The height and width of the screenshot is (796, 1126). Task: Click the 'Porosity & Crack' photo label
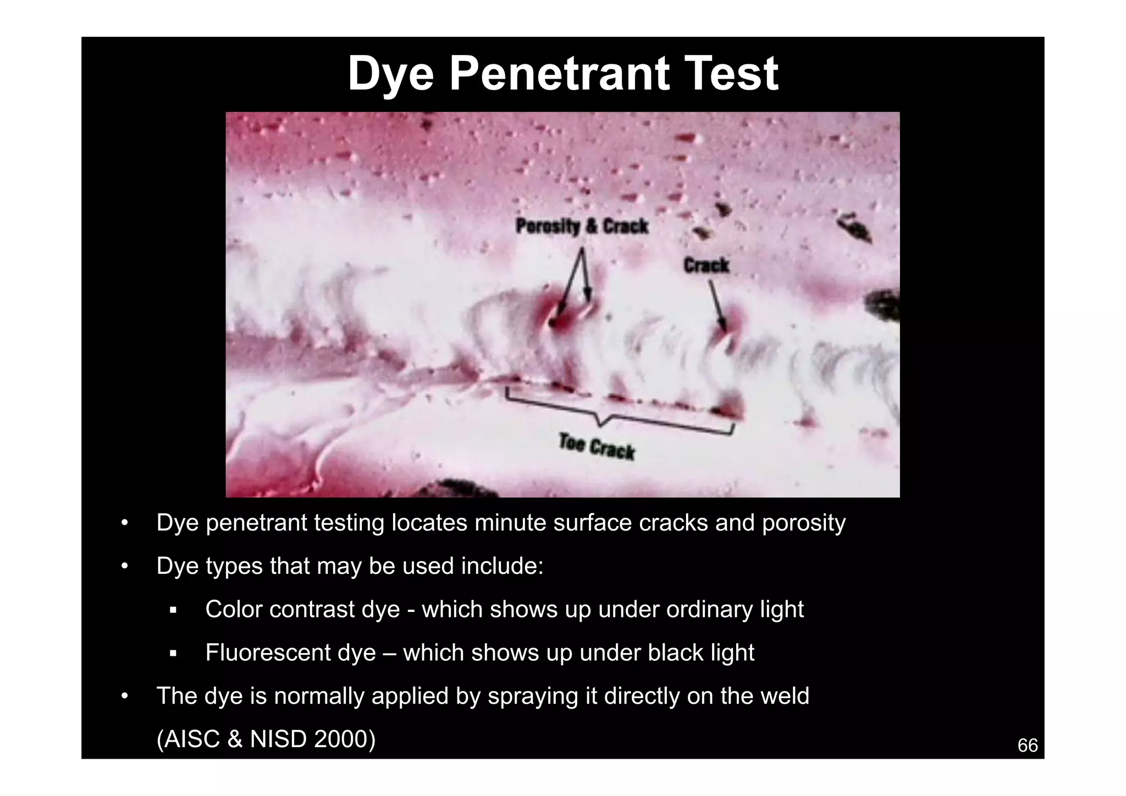pyautogui.click(x=582, y=226)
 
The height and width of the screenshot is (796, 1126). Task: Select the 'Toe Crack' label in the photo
pyautogui.click(x=597, y=447)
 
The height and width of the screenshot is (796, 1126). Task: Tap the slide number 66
pyautogui.click(x=1027, y=745)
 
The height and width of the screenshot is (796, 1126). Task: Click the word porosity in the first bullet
pyautogui.click(x=803, y=523)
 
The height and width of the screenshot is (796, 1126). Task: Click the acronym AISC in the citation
pyautogui.click(x=191, y=739)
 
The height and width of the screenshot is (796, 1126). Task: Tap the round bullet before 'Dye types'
pyautogui.click(x=125, y=566)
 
